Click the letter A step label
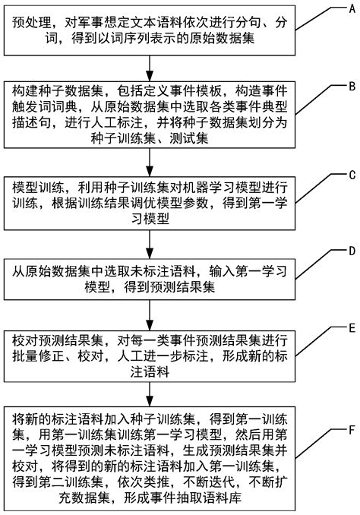tap(350, 9)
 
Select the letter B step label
tap(351, 87)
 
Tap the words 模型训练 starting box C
tap(39, 186)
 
